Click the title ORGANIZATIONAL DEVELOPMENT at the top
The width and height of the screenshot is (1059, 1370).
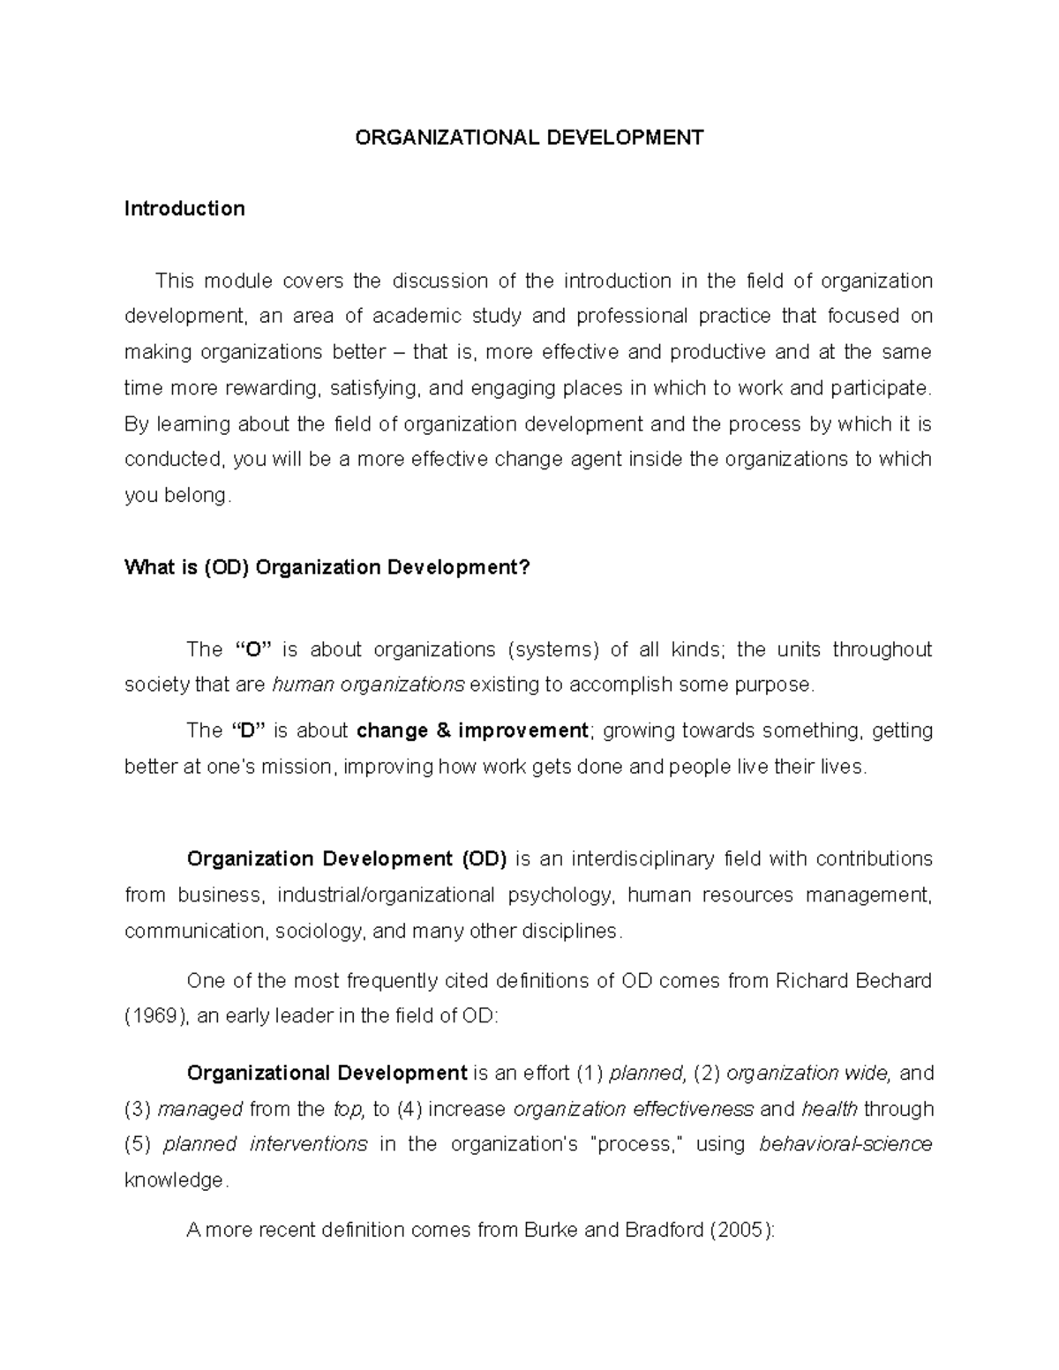coord(529,138)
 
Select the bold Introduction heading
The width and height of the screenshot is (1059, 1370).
coord(184,209)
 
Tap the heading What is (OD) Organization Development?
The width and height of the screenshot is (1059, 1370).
coord(327,567)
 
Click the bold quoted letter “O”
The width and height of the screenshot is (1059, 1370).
coord(254,650)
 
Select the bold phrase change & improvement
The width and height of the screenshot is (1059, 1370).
coord(472,730)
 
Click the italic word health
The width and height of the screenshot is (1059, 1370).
coord(830,1109)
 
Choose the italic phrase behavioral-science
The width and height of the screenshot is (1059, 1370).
coord(845,1145)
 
